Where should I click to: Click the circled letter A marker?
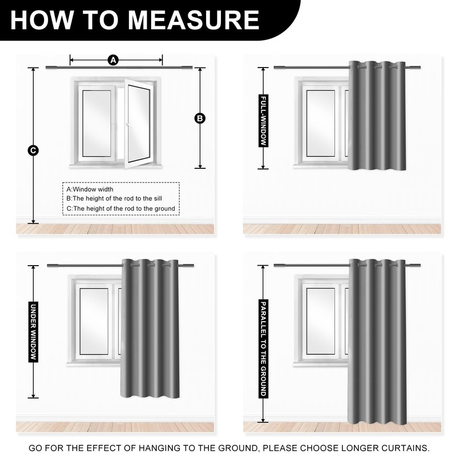pyautogui.click(x=113, y=61)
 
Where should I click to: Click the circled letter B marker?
pyautogui.click(x=200, y=119)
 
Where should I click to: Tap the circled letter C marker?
pyautogui.click(x=33, y=151)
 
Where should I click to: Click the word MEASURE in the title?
pyautogui.click(x=194, y=20)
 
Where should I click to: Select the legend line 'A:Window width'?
pyautogui.click(x=90, y=189)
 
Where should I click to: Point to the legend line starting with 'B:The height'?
pyautogui.click(x=114, y=199)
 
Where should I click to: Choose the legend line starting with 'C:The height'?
pyautogui.click(x=121, y=208)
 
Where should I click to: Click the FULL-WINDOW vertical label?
pyautogui.click(x=263, y=121)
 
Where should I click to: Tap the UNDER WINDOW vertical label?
pyautogui.click(x=33, y=332)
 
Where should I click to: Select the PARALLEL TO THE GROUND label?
pyautogui.click(x=263, y=349)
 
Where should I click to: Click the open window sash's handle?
pyautogui.click(x=129, y=125)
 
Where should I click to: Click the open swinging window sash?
pyautogui.click(x=138, y=124)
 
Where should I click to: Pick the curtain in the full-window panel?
pyautogui.click(x=377, y=116)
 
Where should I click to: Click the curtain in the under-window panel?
pyautogui.click(x=149, y=329)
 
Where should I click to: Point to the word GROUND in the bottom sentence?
pyautogui.click(x=237, y=448)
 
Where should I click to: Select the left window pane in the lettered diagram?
pyautogui.click(x=97, y=124)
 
